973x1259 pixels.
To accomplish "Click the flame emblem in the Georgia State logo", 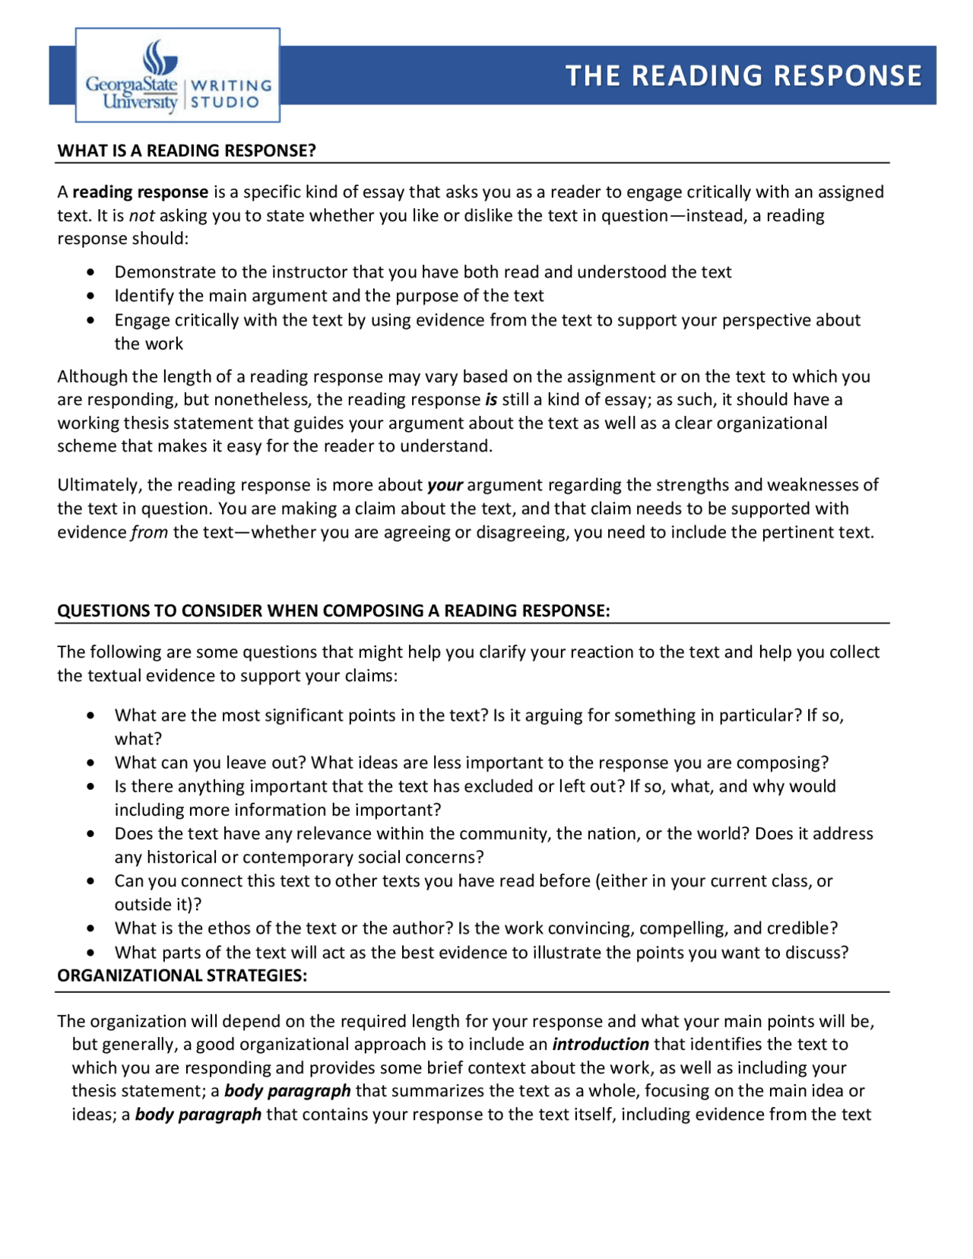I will [x=160, y=57].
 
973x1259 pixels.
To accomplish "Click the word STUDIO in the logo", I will [x=225, y=103].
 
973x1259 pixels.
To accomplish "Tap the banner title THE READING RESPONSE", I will [x=743, y=75].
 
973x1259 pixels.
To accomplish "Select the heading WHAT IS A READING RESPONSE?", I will [x=186, y=151].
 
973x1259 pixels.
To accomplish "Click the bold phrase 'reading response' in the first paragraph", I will [x=141, y=192].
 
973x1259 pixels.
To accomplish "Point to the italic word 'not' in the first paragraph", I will [x=141, y=216].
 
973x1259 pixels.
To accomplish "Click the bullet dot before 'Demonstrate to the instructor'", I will [x=91, y=272].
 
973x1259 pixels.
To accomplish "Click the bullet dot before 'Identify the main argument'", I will [x=91, y=296].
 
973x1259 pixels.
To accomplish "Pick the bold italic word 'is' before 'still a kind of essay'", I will [x=491, y=400].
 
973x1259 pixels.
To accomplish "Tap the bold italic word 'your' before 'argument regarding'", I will [x=445, y=485].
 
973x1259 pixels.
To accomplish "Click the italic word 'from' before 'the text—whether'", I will [x=149, y=532].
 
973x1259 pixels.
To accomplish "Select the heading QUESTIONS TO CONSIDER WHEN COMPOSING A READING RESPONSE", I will [x=333, y=611].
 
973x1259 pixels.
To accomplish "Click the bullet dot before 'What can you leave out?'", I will [x=91, y=763].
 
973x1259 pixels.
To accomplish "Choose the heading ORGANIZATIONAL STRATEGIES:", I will [x=182, y=975].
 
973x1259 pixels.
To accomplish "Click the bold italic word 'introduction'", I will [x=601, y=1045].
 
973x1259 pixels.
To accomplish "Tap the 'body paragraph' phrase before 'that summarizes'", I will [x=287, y=1091].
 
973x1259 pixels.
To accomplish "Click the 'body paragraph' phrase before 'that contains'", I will [x=198, y=1115].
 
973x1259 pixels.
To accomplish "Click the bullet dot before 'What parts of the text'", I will [x=91, y=953].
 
